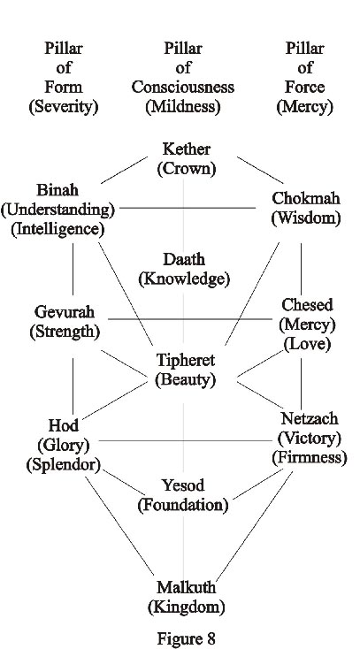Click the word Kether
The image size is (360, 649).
tap(187, 149)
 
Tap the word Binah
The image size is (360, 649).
tap(57, 190)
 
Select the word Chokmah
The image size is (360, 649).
tap(306, 198)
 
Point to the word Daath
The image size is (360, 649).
tap(184, 260)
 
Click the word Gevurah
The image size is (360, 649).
tap(65, 311)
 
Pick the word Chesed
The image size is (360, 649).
tap(307, 305)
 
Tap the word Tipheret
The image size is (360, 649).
tap(186, 360)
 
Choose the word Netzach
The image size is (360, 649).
tap(310, 418)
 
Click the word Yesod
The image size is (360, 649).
tap(183, 485)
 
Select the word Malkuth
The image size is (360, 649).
tap(186, 587)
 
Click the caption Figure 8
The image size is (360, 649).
tap(186, 638)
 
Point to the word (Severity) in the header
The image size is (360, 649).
tap(64, 107)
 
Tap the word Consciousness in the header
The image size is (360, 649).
tap(183, 88)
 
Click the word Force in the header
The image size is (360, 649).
tap(305, 88)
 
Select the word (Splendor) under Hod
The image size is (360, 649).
tap(64, 465)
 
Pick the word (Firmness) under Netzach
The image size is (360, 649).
tap(310, 457)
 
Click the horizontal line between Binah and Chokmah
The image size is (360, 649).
tap(188, 208)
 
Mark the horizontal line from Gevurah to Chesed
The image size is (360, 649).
tap(190, 319)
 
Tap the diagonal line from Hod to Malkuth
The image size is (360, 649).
tap(119, 526)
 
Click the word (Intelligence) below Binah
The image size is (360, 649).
tap(57, 230)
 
